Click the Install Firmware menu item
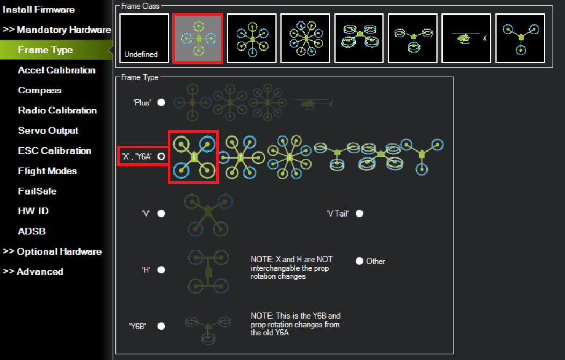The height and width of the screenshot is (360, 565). pyautogui.click(x=39, y=10)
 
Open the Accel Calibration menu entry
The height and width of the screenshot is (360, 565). pyautogui.click(x=56, y=70)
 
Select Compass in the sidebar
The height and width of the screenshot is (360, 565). pyautogui.click(x=40, y=90)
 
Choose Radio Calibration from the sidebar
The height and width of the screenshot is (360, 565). pyautogui.click(x=57, y=110)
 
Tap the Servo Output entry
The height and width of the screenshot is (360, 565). pyautogui.click(x=48, y=131)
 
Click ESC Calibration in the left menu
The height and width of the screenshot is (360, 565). pyautogui.click(x=54, y=150)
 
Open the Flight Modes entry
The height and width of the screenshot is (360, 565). pyautogui.click(x=47, y=171)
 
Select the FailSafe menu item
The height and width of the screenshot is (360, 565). pyautogui.click(x=37, y=191)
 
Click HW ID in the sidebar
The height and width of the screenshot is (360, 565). pyautogui.click(x=33, y=211)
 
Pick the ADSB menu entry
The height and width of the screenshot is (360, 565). pyautogui.click(x=32, y=232)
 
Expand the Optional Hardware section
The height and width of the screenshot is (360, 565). pyautogui.click(x=52, y=251)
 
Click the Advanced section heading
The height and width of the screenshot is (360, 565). pyautogui.click(x=33, y=272)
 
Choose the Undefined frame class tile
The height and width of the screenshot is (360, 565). pyautogui.click(x=144, y=39)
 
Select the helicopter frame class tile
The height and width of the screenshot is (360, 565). pyautogui.click(x=466, y=39)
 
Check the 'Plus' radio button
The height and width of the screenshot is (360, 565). pyautogui.click(x=162, y=103)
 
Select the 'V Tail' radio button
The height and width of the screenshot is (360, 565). pyautogui.click(x=359, y=213)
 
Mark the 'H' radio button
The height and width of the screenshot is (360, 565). pyautogui.click(x=162, y=270)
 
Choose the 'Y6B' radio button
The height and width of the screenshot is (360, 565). pyautogui.click(x=162, y=326)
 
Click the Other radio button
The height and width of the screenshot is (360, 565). pyautogui.click(x=359, y=261)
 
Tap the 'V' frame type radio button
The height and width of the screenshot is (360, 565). pyautogui.click(x=162, y=213)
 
